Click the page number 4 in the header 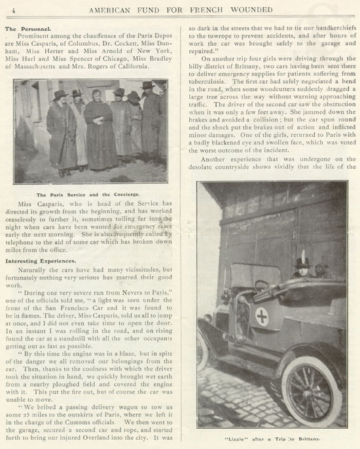pyautogui.click(x=6, y=8)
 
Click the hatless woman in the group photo pyautogui.click(x=99, y=107)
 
